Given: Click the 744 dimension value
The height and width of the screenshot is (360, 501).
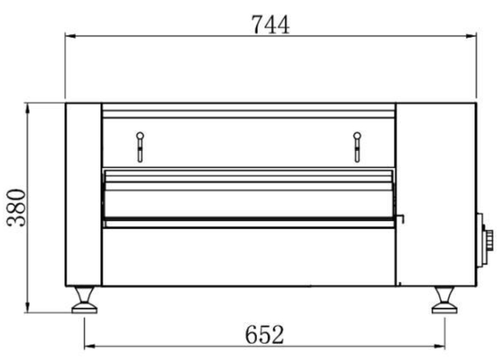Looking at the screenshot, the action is (270, 25).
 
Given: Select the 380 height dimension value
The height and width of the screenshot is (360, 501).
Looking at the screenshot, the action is (16, 208).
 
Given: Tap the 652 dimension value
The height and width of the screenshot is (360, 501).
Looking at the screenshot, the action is (264, 335).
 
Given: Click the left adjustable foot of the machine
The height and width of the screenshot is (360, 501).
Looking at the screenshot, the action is (84, 300).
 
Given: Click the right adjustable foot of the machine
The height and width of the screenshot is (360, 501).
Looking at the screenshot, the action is (445, 300).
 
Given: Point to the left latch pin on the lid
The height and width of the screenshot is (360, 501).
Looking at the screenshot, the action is (140, 147).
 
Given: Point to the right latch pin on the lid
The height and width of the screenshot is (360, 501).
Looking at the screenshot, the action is (357, 147).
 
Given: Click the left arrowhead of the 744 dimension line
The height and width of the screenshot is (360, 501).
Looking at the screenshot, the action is (71, 36).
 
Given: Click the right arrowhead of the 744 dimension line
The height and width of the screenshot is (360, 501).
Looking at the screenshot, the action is (471, 36).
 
